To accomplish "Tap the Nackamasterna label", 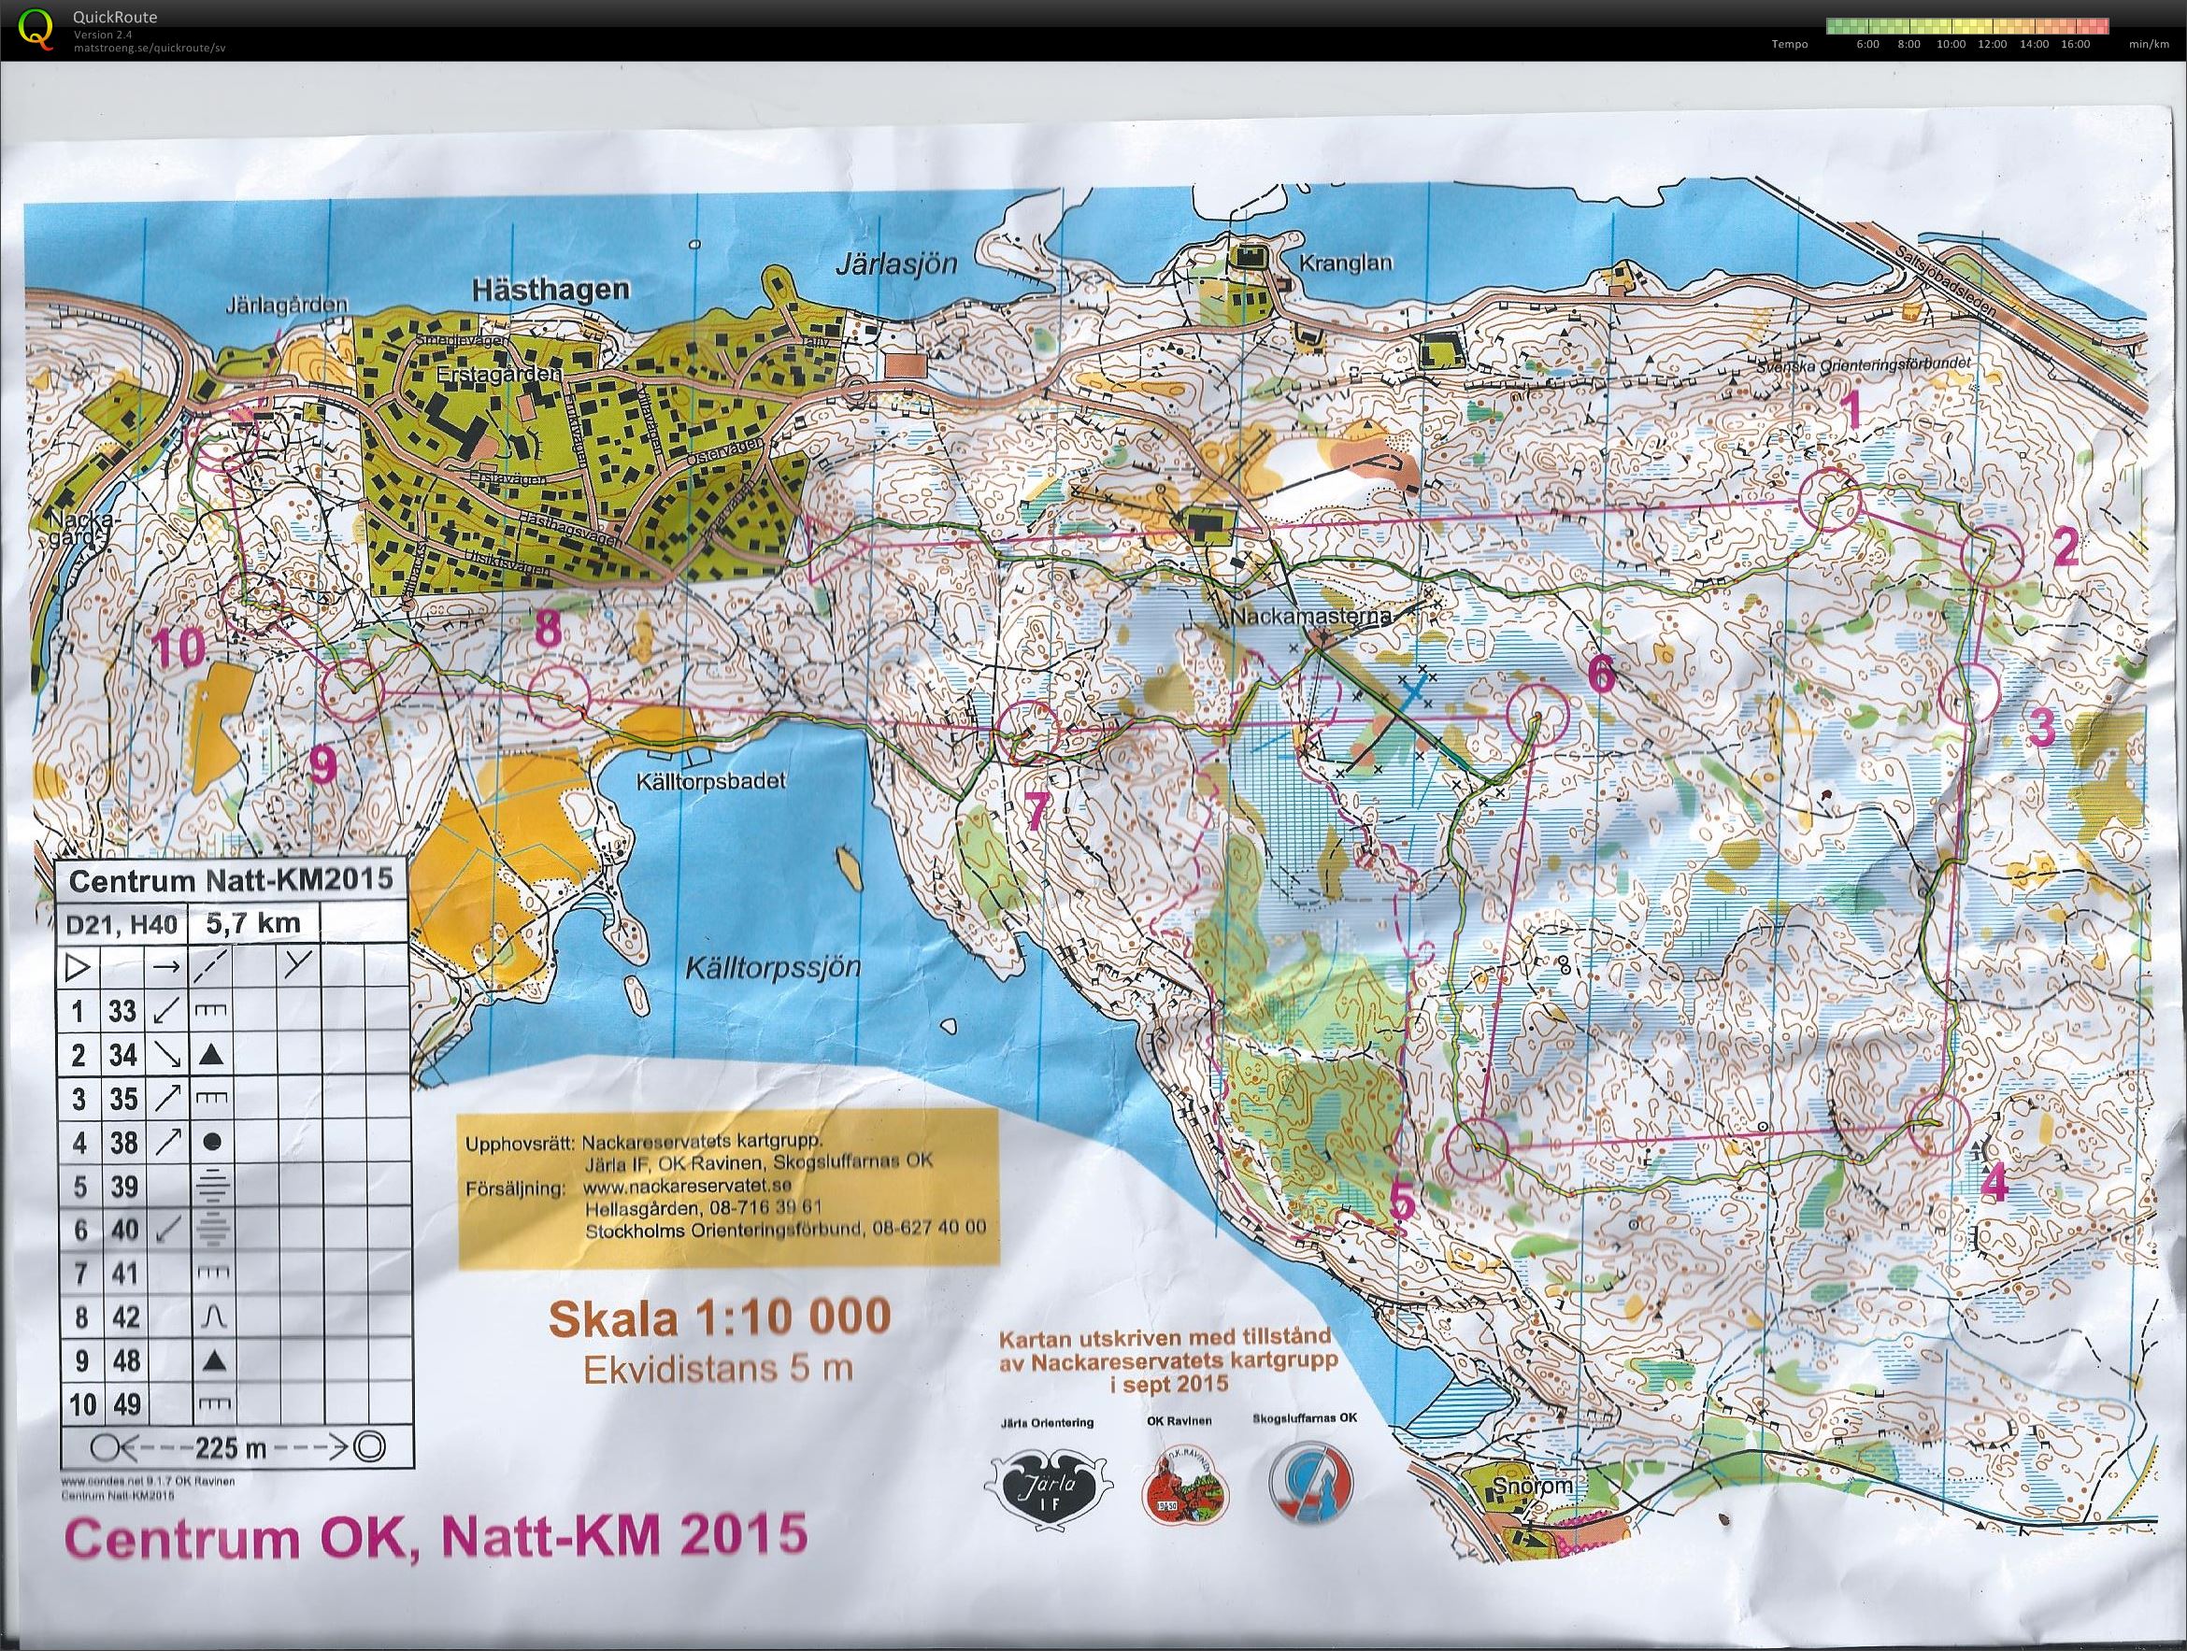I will pos(1311,617).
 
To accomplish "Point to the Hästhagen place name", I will pos(550,290).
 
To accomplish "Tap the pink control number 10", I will pos(179,649).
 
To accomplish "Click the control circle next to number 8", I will pos(561,693).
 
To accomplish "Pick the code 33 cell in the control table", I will pos(122,1011).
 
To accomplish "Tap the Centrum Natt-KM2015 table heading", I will pos(230,878).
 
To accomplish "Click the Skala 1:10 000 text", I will pos(719,1318).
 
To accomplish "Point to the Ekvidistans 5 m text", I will pos(718,1368).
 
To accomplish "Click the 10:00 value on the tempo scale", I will pos(1951,44).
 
